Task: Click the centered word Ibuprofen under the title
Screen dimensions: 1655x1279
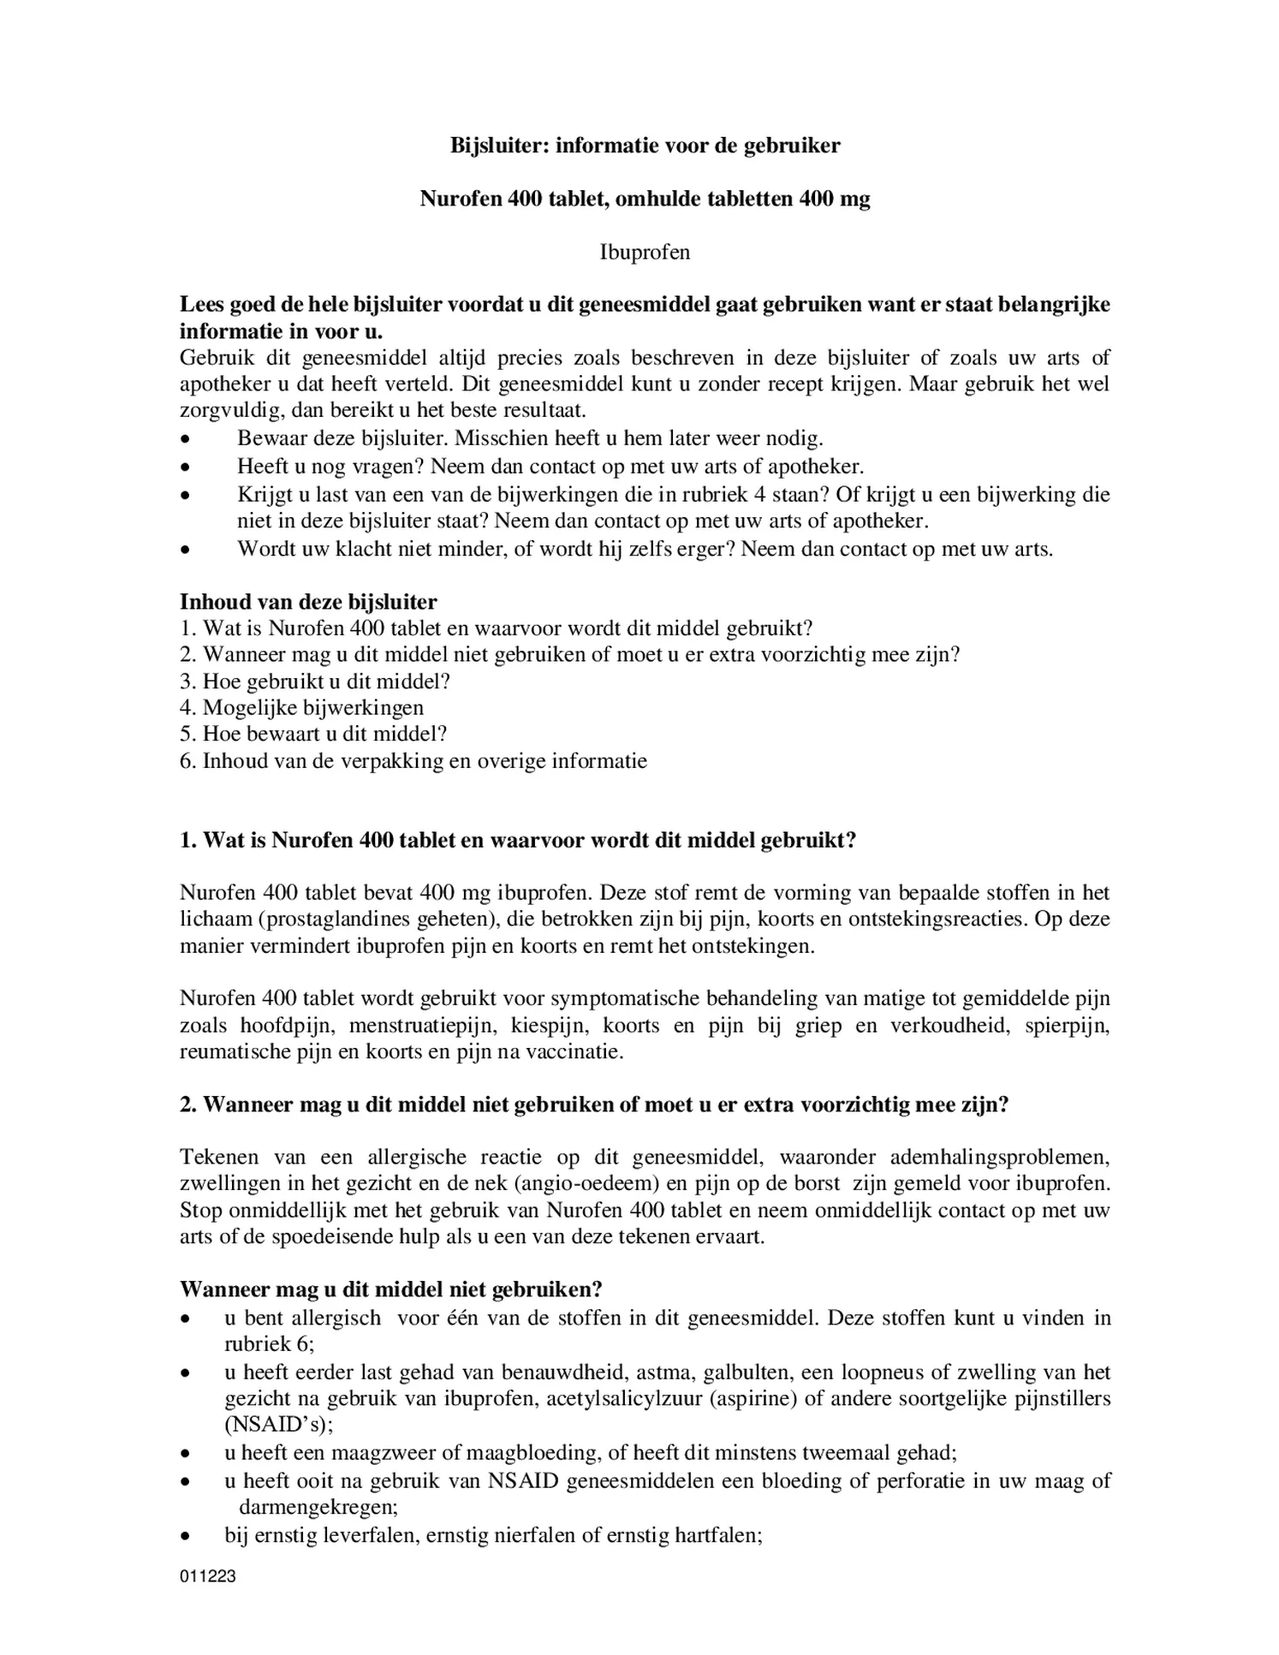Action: pos(645,253)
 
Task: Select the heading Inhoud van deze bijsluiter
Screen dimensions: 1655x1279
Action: pos(308,602)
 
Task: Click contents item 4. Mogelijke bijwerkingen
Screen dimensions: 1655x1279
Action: pos(301,707)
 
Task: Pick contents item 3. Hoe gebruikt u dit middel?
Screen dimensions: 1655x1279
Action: pos(314,682)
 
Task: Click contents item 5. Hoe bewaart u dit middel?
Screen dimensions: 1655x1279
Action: pos(313,734)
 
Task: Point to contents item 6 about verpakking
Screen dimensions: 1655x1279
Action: pos(413,760)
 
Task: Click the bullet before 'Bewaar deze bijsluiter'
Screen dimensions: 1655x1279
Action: pos(185,439)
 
